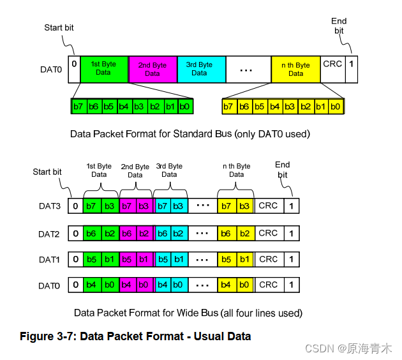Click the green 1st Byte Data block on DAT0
point(104,68)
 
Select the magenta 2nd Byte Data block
point(153,69)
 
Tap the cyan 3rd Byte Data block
point(200,68)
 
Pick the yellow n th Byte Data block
point(295,69)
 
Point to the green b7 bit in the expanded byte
point(78,106)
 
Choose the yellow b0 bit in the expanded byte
point(337,106)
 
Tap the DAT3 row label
point(49,206)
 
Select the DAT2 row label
point(49,234)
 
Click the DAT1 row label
point(49,260)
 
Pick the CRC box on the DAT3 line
point(268,206)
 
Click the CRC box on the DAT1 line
point(268,259)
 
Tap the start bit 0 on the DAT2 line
point(75,234)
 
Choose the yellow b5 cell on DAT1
point(225,259)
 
